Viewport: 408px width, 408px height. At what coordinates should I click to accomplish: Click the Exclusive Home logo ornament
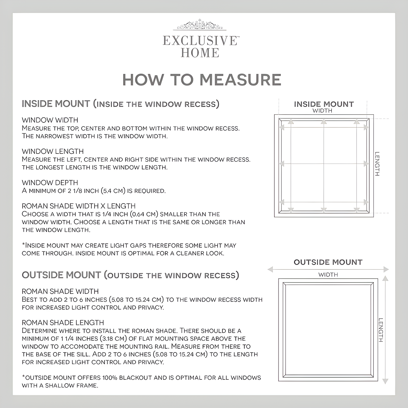click(x=200, y=25)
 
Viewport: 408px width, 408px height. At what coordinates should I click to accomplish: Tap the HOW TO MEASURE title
click(x=202, y=80)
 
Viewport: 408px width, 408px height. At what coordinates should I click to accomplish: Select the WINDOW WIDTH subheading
click(x=50, y=120)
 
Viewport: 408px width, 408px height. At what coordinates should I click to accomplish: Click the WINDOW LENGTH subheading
click(x=53, y=151)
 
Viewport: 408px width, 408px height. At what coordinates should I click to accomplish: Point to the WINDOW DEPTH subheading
click(x=50, y=183)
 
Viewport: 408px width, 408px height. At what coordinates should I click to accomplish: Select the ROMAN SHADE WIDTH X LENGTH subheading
click(x=79, y=206)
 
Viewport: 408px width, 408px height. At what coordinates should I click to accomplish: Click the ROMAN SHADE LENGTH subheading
click(x=63, y=323)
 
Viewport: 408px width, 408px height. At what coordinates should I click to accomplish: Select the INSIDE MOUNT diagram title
click(x=324, y=104)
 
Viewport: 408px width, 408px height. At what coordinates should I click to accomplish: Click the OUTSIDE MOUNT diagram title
click(x=328, y=262)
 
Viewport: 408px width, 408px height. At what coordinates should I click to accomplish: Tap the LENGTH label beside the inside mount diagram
click(x=377, y=164)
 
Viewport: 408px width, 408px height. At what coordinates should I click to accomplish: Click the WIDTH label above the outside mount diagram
click(x=328, y=275)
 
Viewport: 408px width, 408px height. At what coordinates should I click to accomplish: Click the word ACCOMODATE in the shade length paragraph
click(x=72, y=347)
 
